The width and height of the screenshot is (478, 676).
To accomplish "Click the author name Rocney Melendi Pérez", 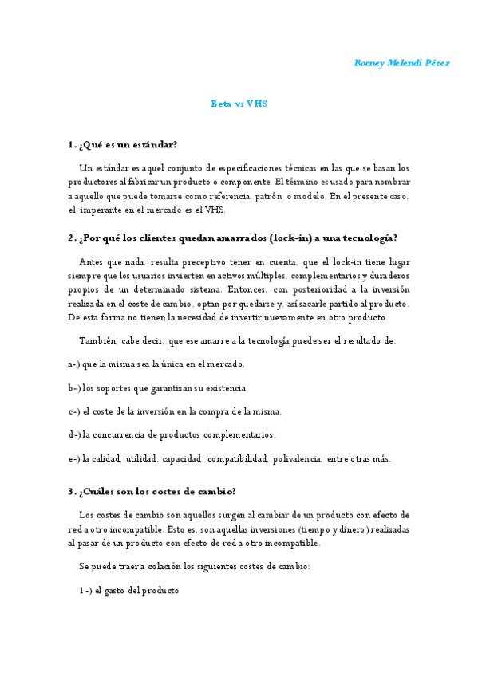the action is [401, 63].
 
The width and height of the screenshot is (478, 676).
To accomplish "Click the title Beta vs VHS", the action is [239, 104].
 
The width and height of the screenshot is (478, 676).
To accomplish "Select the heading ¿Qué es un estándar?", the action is [123, 144].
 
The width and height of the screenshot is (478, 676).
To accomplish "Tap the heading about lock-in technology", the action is [233, 238].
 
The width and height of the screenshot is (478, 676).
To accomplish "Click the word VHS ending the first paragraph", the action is [216, 210].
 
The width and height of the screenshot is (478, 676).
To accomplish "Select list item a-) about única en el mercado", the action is [156, 364].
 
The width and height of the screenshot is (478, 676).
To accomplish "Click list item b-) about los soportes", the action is [158, 388].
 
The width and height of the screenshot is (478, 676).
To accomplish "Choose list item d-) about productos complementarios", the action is [172, 435].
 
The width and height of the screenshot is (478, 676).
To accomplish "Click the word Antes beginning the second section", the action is [93, 261].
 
